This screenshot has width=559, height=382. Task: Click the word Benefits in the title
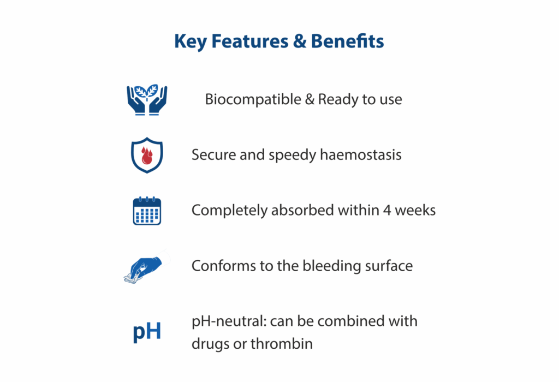tap(347, 41)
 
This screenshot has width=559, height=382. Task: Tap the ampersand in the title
tap(300, 41)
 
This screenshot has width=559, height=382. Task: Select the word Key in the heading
tap(191, 42)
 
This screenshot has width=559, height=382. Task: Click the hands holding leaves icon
tap(147, 100)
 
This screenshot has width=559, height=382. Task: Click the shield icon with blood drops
tap(147, 155)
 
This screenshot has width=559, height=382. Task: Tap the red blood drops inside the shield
tap(146, 156)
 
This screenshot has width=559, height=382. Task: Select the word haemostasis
tap(360, 154)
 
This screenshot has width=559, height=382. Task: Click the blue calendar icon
tap(147, 211)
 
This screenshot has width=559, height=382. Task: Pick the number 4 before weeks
tap(387, 210)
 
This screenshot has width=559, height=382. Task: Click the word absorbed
tap(302, 210)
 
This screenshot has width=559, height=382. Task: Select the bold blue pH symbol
tap(147, 332)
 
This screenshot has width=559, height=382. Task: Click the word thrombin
tap(282, 343)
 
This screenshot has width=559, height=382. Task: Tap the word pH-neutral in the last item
tap(229, 321)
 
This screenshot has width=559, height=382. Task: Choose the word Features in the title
tap(250, 41)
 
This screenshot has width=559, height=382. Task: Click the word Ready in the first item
tap(338, 99)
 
